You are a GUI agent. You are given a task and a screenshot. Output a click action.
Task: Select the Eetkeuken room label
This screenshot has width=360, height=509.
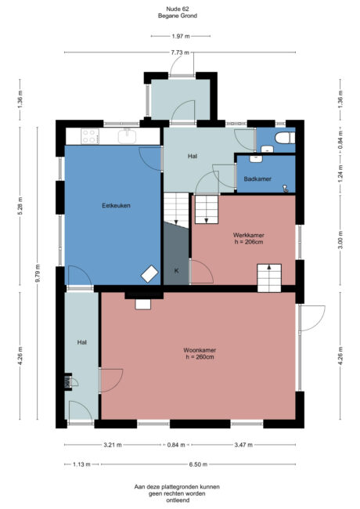(x=115, y=206)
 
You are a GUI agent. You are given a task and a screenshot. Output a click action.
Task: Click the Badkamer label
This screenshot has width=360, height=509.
(x=257, y=179)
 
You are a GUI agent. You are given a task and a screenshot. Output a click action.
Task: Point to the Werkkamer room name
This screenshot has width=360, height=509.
(x=247, y=235)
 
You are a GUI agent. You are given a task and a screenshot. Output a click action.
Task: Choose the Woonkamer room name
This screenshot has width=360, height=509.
(x=200, y=350)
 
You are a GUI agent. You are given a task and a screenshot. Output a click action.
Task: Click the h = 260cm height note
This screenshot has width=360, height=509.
(x=200, y=357)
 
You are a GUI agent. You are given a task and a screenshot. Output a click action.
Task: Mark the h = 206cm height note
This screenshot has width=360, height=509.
(x=247, y=242)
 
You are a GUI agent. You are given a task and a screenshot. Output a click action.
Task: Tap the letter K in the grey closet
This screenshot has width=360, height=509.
(x=176, y=270)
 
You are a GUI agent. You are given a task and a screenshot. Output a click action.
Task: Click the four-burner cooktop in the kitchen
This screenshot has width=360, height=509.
(x=90, y=135)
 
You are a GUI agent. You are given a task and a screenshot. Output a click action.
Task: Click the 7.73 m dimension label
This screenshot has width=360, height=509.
(x=181, y=52)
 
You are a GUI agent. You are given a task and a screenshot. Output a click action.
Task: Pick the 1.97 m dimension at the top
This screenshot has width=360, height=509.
(x=182, y=36)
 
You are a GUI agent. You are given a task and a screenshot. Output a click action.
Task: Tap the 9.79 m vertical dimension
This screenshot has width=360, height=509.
(x=37, y=276)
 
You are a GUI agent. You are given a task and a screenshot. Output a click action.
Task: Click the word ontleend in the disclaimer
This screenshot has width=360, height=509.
(x=181, y=500)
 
